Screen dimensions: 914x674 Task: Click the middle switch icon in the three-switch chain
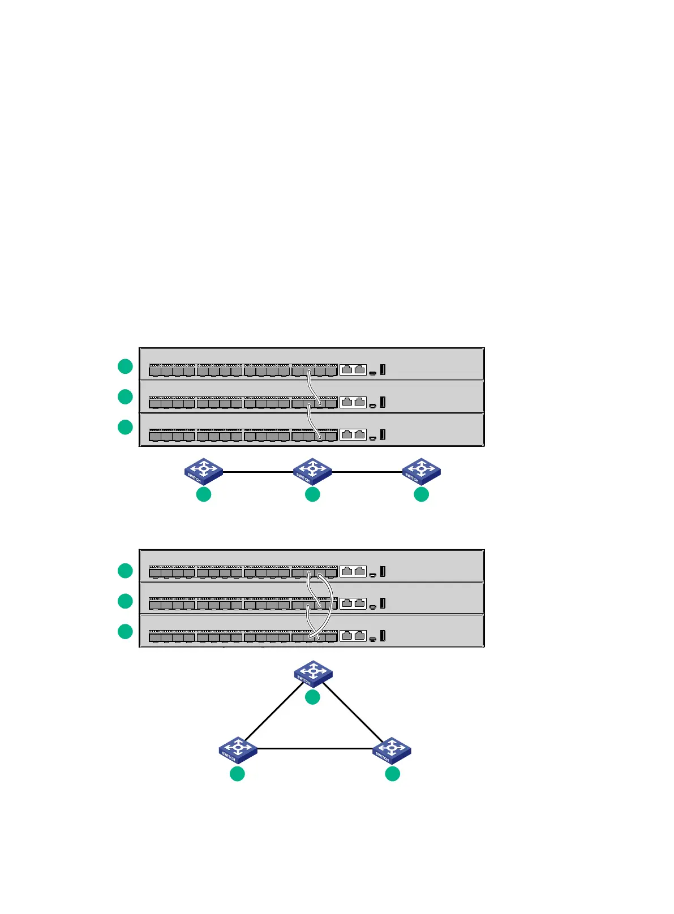pos(312,471)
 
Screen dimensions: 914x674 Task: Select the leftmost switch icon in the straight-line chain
pos(203,471)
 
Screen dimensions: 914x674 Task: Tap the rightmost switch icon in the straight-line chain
pos(421,471)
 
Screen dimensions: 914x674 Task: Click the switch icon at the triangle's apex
pos(313,674)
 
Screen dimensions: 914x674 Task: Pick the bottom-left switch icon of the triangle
pos(238,750)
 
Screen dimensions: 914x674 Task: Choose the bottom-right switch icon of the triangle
pos(392,750)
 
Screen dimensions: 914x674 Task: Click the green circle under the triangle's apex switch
pos(312,697)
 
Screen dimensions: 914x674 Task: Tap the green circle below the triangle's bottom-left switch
pos(237,774)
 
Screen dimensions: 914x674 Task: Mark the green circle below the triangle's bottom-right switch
pos(392,774)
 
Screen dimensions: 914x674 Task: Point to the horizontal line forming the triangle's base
pos(315,749)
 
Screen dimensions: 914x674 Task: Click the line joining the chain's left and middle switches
pos(257,471)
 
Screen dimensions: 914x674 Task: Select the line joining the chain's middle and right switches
pos(367,471)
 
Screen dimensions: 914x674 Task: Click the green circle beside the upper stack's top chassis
pos(125,366)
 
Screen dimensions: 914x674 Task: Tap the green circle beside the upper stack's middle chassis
pos(125,396)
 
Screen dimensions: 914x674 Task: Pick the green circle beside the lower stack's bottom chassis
pos(125,631)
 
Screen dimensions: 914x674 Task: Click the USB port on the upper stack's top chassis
pos(383,369)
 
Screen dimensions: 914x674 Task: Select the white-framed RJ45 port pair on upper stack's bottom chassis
pos(353,434)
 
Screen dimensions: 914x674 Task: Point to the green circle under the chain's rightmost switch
pos(421,494)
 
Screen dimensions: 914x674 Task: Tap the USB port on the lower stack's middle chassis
pos(383,603)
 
